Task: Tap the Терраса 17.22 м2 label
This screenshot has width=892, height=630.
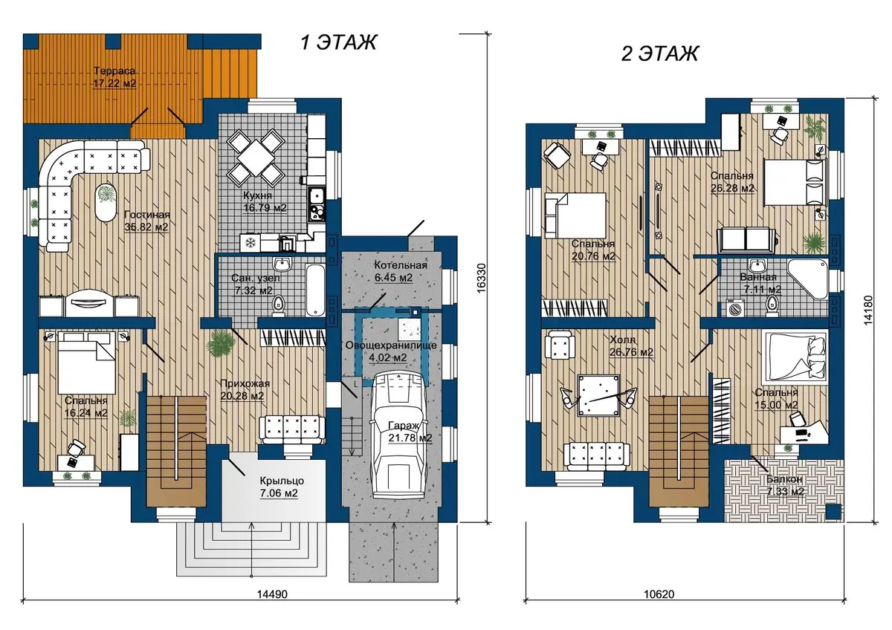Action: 114,77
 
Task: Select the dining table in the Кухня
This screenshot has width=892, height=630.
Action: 255,158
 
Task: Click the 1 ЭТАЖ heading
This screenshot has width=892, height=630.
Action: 338,42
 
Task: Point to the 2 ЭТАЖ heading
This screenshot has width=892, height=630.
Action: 660,53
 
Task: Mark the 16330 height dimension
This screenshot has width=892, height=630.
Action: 481,278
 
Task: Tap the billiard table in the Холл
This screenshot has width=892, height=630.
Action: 598,395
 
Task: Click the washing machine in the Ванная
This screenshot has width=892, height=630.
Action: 733,308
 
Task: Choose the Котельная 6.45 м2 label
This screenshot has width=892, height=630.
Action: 400,271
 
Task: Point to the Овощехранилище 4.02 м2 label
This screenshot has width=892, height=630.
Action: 391,351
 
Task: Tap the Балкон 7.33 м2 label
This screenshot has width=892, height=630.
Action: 784,486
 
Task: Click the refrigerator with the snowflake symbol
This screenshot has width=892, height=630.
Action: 250,242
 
